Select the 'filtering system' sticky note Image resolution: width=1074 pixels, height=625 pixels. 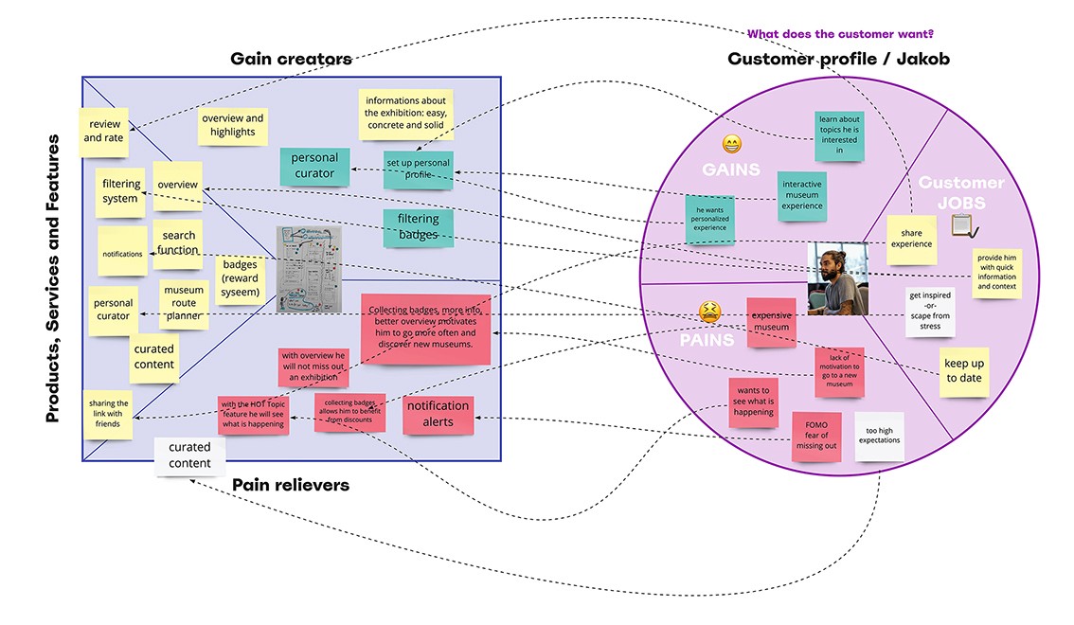click(x=120, y=191)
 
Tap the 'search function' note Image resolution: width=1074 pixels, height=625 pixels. click(x=178, y=243)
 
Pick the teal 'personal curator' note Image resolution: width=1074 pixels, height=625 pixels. click(x=313, y=166)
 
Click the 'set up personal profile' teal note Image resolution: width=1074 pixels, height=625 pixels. click(x=418, y=170)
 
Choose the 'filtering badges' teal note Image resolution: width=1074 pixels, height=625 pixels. click(x=418, y=227)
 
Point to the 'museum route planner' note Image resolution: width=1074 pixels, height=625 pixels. click(x=184, y=303)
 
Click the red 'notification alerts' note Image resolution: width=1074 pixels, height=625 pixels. click(x=438, y=413)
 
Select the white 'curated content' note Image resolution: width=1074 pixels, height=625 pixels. click(x=189, y=455)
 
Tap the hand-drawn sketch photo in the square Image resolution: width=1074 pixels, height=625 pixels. click(x=307, y=269)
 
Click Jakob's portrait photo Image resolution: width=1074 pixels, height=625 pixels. click(x=837, y=278)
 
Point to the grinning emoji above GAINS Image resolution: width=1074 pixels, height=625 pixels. click(x=731, y=144)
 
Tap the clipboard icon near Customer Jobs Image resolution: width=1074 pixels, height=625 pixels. click(x=961, y=225)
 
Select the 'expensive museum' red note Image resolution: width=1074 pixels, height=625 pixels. click(x=770, y=322)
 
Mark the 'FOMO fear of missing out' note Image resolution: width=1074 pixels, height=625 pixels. click(x=815, y=436)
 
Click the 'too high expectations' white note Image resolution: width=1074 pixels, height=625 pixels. click(x=879, y=436)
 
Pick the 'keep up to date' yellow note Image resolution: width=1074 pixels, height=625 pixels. click(x=963, y=371)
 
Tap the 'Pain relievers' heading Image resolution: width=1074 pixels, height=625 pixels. click(x=291, y=485)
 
